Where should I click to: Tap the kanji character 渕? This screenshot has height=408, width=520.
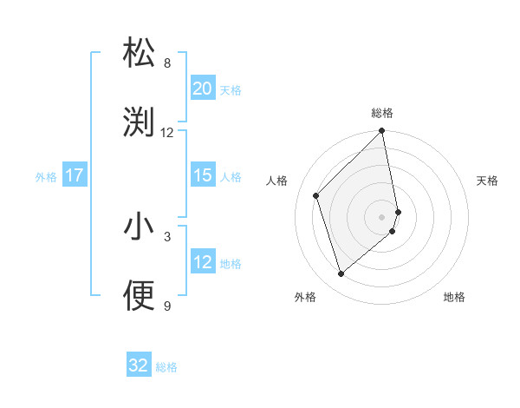(140, 122)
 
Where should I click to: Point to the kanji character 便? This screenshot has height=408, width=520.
(140, 295)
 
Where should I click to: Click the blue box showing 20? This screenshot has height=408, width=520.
(202, 88)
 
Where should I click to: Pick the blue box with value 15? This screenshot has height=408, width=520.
(202, 175)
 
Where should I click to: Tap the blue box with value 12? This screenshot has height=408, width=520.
(202, 262)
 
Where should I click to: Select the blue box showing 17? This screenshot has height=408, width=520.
(74, 175)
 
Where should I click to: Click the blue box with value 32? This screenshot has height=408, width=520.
(139, 365)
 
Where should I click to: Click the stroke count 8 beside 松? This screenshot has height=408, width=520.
(167, 63)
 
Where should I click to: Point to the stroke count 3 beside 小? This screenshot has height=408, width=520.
(167, 235)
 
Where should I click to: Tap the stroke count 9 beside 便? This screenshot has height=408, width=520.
(167, 305)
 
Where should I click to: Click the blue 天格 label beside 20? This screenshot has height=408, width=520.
(230, 89)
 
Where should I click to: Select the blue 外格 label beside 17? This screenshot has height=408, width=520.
(46, 176)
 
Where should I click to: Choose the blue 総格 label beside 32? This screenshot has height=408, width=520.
(166, 367)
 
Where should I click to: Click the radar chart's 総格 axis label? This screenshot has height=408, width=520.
(382, 113)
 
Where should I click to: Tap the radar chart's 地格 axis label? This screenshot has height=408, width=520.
(454, 298)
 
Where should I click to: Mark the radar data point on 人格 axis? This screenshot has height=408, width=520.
(316, 195)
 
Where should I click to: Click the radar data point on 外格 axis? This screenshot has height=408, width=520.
(341, 274)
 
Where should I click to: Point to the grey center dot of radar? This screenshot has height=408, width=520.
(382, 216)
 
